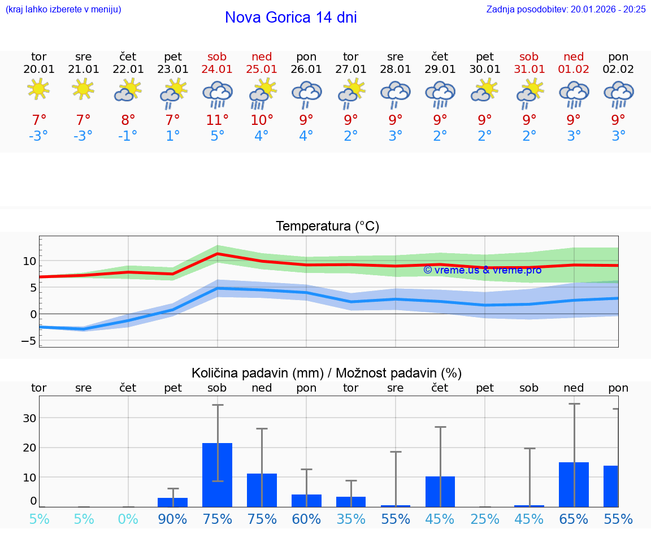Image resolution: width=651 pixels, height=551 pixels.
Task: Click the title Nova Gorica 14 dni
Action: point(290,18)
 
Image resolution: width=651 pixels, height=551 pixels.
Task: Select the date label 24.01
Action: point(217,69)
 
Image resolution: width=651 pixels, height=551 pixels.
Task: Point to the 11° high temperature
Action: point(217,120)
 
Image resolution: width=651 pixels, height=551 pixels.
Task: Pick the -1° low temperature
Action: point(128,136)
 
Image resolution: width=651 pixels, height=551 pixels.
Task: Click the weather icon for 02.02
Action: point(618,93)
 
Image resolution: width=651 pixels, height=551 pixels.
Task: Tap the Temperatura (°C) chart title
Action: point(327,227)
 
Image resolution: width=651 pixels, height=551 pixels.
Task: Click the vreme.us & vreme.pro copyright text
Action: point(482,270)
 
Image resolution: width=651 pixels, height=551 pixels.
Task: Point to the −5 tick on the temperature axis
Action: point(28,341)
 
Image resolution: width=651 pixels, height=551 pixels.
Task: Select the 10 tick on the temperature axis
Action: point(29,261)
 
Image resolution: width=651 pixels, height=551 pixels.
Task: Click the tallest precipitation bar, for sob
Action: point(218,475)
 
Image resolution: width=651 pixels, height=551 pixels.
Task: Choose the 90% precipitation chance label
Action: point(172,519)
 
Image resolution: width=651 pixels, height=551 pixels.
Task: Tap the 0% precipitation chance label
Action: point(128,519)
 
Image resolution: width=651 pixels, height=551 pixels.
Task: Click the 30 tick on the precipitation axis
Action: point(29,418)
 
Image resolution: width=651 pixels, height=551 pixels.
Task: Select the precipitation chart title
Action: point(327,373)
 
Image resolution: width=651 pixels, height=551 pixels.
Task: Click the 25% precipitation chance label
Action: point(485,519)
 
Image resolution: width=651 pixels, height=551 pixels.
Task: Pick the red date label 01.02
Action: point(574,69)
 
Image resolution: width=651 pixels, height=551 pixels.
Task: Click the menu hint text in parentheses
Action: point(63,9)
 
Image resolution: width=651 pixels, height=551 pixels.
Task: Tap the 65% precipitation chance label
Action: point(574,519)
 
